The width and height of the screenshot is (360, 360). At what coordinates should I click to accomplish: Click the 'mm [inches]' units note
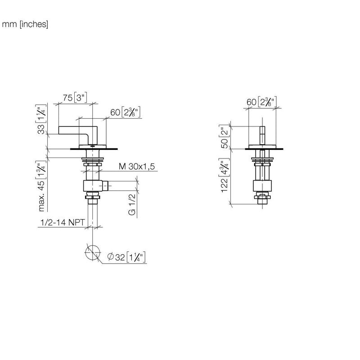[x=25, y=24]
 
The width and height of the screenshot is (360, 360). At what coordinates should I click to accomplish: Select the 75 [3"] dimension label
[x=75, y=98]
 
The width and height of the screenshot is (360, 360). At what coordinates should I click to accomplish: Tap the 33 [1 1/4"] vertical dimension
[x=41, y=119]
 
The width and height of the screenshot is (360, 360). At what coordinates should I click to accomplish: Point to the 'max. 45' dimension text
[x=41, y=196]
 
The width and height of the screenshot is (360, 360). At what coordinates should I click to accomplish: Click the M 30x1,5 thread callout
[x=137, y=166]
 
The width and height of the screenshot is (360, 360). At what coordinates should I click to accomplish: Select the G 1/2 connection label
[x=132, y=204]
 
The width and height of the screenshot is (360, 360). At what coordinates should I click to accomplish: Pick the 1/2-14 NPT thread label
[x=63, y=222]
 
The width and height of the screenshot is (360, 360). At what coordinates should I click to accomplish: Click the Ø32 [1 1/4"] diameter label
[x=126, y=257]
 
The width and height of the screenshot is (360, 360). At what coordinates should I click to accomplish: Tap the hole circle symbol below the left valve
[x=93, y=252]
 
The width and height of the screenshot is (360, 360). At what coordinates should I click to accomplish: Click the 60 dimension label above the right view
[x=261, y=102]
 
